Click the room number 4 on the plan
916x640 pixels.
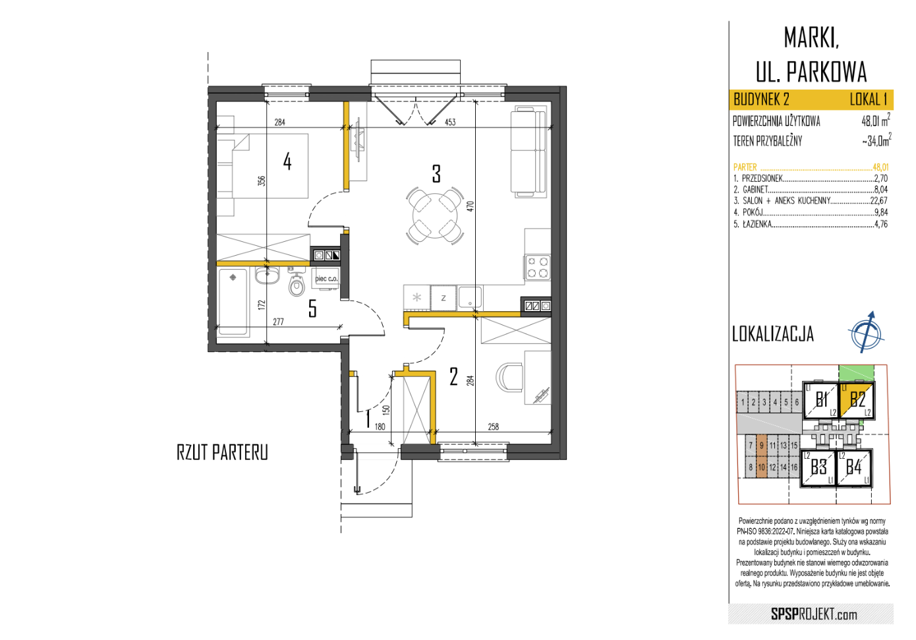(287, 161)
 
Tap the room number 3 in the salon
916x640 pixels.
(436, 174)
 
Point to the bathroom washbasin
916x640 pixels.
(267, 276)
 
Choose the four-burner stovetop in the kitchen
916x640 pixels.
(538, 268)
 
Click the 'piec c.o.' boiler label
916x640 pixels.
(326, 279)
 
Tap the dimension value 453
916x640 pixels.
(450, 122)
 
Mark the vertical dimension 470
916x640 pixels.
(470, 206)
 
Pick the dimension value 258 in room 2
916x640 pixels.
(493, 427)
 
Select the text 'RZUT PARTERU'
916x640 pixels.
(222, 453)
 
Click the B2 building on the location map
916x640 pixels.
(857, 399)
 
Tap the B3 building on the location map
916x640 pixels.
(818, 467)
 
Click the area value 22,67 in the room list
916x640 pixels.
(879, 201)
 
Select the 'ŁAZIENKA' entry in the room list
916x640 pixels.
(758, 223)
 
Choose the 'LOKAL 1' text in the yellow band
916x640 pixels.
(869, 100)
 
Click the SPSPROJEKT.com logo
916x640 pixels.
(814, 614)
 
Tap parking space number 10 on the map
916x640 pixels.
(761, 467)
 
